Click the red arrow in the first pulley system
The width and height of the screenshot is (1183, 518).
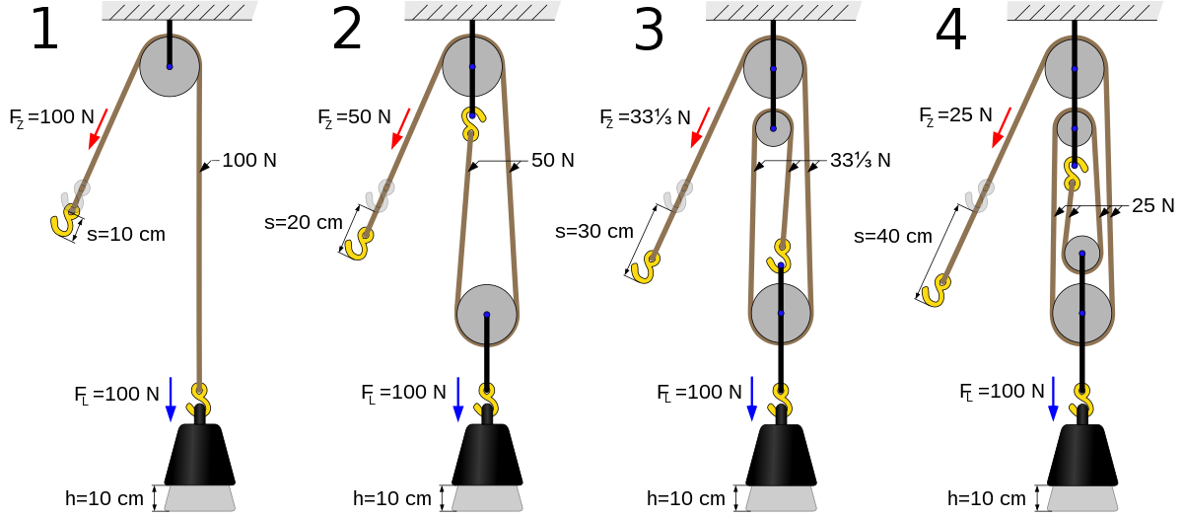click(x=98, y=129)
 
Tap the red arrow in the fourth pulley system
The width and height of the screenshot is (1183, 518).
click(x=1001, y=128)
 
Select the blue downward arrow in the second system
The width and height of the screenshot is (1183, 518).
click(x=457, y=400)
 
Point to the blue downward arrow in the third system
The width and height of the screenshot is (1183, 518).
click(x=751, y=400)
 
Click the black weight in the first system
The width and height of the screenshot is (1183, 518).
click(x=192, y=454)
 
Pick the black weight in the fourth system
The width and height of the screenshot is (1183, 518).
click(x=1076, y=454)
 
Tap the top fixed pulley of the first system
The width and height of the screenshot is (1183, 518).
click(x=170, y=66)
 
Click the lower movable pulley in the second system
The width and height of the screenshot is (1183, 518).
click(x=486, y=315)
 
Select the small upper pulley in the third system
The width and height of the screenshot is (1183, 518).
click(x=773, y=128)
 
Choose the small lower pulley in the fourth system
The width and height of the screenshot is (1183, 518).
click(x=1081, y=254)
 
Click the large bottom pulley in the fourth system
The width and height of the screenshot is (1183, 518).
click(x=1081, y=314)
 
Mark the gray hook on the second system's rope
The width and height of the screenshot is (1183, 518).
click(x=380, y=196)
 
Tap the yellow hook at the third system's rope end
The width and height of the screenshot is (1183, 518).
click(x=645, y=266)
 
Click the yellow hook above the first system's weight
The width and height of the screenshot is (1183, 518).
click(x=199, y=399)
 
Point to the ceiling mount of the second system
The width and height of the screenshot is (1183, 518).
click(x=481, y=11)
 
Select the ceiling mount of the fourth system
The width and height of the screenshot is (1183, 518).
click(x=1083, y=11)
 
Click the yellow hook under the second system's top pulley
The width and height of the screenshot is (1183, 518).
click(x=472, y=123)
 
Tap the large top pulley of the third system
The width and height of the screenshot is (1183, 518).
click(x=773, y=68)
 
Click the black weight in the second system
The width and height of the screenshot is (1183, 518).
click(x=480, y=454)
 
